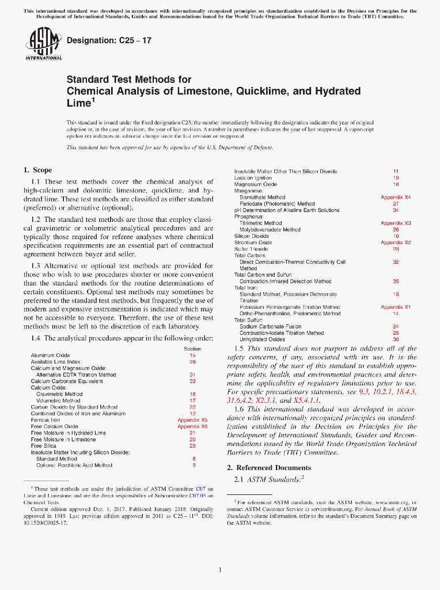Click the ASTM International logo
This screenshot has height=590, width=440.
pos(44,44)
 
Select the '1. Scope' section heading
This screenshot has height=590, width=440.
pos(37,170)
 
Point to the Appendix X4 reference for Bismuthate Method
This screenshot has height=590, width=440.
pos(396,197)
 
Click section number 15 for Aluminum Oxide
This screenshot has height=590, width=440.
pos(192,355)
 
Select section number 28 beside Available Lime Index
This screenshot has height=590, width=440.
pos(192,362)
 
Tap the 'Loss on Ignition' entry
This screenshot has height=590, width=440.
pos(253,177)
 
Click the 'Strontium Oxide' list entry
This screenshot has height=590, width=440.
pos(253,243)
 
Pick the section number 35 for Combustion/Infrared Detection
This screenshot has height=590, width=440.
pos(396,281)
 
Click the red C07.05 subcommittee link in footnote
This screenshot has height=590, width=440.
pos(199,495)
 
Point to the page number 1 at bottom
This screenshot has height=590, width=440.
pos(220,570)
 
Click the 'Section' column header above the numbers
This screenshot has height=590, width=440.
pos(192,349)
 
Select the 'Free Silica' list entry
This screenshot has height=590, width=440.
pos(44,445)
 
